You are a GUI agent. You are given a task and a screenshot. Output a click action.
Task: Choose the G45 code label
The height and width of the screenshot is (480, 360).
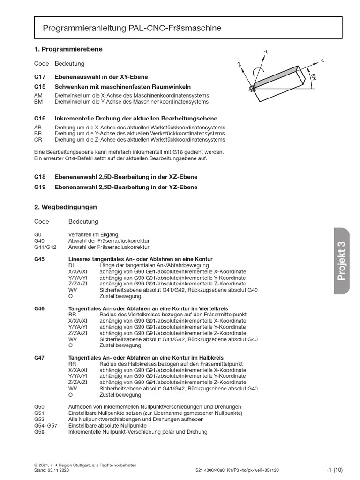pyautogui.click(x=39, y=259)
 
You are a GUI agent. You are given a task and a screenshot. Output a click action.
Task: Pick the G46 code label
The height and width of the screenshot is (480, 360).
pyautogui.click(x=39, y=308)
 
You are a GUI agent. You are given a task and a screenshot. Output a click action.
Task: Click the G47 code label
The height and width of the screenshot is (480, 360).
pyautogui.click(x=39, y=358)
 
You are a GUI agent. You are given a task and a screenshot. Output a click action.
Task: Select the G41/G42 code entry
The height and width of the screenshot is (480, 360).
pyautogui.click(x=45, y=247)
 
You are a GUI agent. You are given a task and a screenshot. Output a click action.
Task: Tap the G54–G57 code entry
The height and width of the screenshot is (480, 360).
pyautogui.click(x=46, y=425)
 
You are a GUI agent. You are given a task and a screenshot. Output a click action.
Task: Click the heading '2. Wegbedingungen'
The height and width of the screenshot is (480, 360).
pyautogui.click(x=66, y=207)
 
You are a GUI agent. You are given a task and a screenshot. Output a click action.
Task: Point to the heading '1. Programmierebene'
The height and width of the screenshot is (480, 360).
pyautogui.click(x=68, y=49)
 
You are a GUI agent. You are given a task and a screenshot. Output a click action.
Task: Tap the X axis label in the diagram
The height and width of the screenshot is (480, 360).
pyautogui.click(x=322, y=60)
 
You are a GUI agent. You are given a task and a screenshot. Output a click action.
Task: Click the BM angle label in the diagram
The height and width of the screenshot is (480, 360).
pyautogui.click(x=313, y=77)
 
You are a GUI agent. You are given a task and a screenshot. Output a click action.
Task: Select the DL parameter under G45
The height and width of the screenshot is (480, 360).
pyautogui.click(x=72, y=265)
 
